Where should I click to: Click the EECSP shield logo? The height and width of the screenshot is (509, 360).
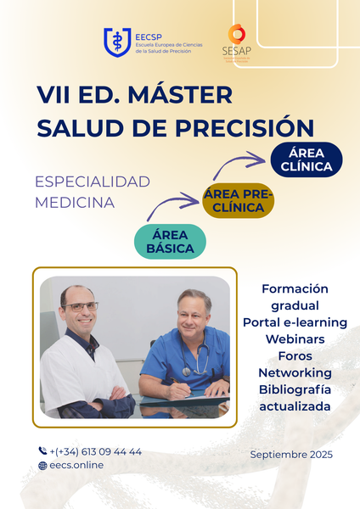[116, 41]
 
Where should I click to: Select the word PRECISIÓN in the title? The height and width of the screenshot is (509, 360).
[253, 127]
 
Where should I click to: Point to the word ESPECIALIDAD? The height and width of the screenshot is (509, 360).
[92, 182]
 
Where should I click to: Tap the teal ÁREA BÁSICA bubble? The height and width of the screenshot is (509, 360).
[170, 241]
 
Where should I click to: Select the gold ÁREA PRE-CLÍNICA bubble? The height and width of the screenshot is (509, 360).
[239, 201]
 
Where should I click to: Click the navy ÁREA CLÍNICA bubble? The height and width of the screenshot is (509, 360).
[306, 159]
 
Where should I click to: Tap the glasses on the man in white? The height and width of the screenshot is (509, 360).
[81, 305]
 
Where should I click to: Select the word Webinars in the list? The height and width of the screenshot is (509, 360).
[295, 338]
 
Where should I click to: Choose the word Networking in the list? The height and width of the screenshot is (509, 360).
[295, 372]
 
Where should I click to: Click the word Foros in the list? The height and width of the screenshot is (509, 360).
[295, 355]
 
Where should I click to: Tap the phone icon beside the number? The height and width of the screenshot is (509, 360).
[42, 451]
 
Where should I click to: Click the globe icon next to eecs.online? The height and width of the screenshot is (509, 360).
[42, 466]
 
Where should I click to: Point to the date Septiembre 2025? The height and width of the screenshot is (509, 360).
[291, 455]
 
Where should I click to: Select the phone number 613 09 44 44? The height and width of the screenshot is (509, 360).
[111, 451]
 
